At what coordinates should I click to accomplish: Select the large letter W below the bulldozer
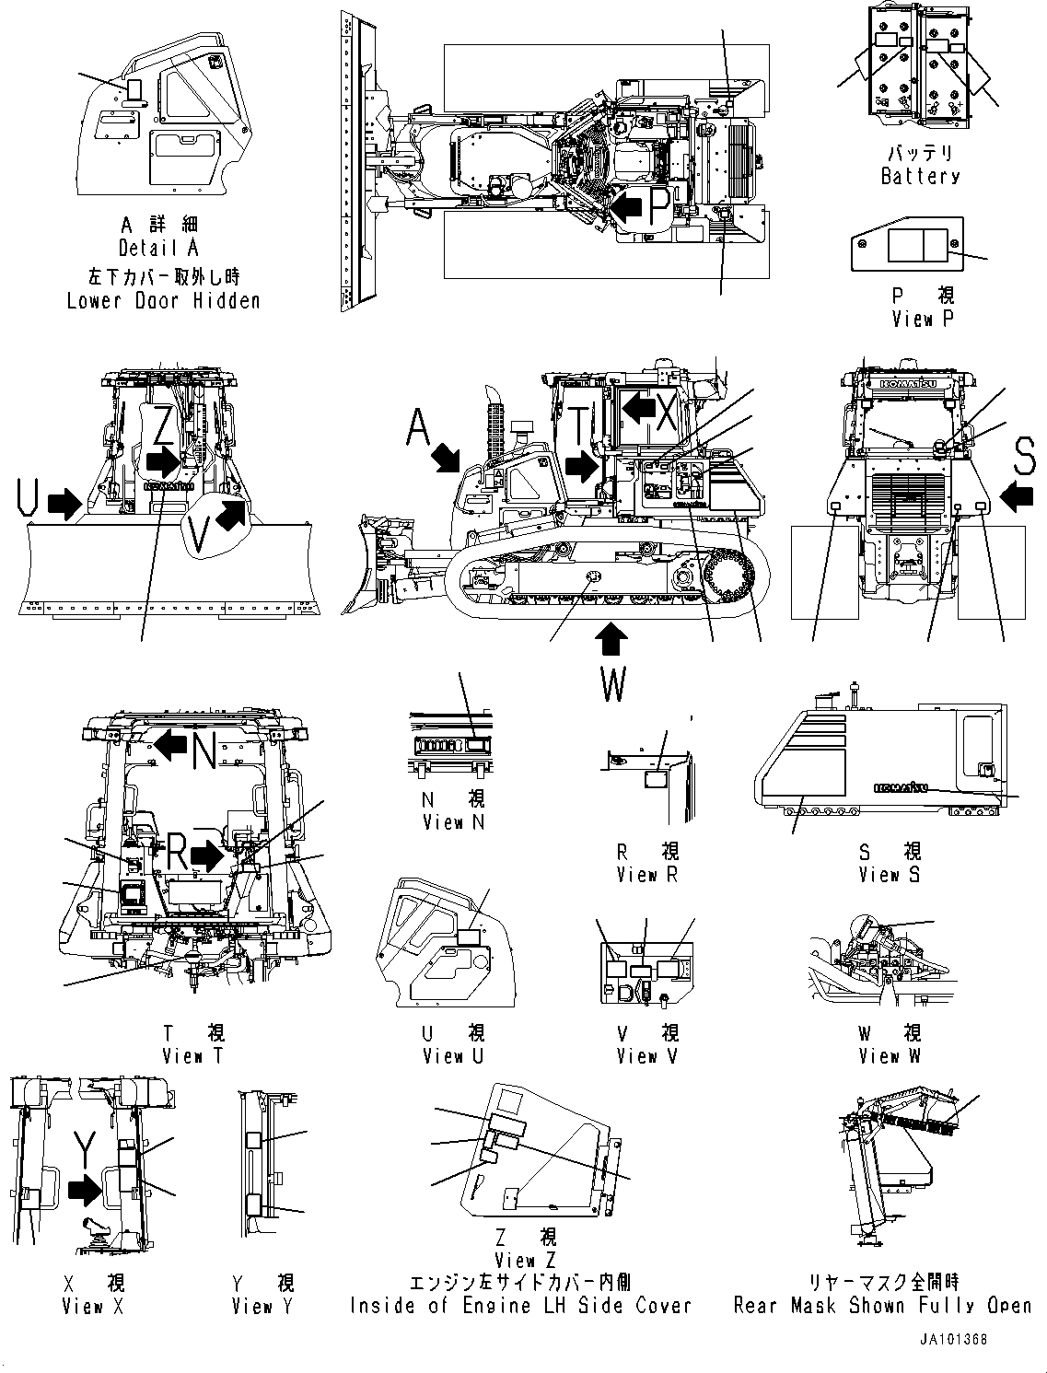(x=612, y=683)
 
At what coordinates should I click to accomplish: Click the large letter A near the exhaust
(x=419, y=427)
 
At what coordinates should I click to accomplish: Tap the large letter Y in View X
(x=85, y=1151)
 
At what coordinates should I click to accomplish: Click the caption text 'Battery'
(x=919, y=176)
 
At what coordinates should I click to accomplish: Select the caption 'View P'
(x=924, y=319)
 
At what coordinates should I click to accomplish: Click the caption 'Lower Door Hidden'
(x=163, y=301)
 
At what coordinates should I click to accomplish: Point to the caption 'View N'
(x=452, y=822)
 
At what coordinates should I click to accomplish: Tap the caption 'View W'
(x=889, y=1056)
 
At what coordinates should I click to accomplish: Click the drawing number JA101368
(x=952, y=1340)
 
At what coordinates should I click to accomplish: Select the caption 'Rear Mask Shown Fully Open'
(x=882, y=1306)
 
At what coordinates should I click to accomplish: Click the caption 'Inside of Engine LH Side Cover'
(x=519, y=1306)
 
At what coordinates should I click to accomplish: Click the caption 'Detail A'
(x=158, y=248)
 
